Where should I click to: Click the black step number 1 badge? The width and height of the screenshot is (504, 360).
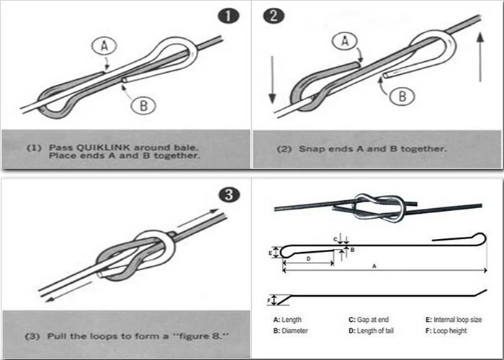[x=228, y=16]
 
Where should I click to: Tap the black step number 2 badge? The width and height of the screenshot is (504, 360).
[x=274, y=16]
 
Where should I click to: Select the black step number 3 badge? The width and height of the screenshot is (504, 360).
[x=229, y=195]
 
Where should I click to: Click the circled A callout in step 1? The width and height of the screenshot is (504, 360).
[x=104, y=46]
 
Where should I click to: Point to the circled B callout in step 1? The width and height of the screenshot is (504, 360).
[x=144, y=105]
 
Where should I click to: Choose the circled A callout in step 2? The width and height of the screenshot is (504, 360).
[x=345, y=41]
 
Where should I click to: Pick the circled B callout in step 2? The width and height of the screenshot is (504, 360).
[x=402, y=96]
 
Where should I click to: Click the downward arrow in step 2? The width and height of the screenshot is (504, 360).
[x=272, y=80]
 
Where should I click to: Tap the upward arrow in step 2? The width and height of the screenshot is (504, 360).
[x=480, y=57]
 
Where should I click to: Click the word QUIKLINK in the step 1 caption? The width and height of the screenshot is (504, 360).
[x=103, y=148]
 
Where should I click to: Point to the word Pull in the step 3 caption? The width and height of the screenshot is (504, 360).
[x=58, y=336]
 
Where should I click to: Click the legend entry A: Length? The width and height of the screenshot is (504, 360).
[x=287, y=320]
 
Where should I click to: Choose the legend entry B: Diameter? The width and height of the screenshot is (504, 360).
[x=291, y=330]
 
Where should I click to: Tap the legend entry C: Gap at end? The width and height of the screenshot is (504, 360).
[x=369, y=320]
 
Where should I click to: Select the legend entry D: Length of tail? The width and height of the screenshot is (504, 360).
[x=371, y=330]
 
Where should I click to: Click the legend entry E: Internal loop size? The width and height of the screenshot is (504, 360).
[x=454, y=320]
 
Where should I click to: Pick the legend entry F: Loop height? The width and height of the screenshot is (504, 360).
[x=446, y=330]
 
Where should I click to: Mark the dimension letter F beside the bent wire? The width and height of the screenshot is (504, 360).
[x=269, y=300]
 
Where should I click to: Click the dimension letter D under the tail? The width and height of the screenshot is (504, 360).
[x=309, y=258]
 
